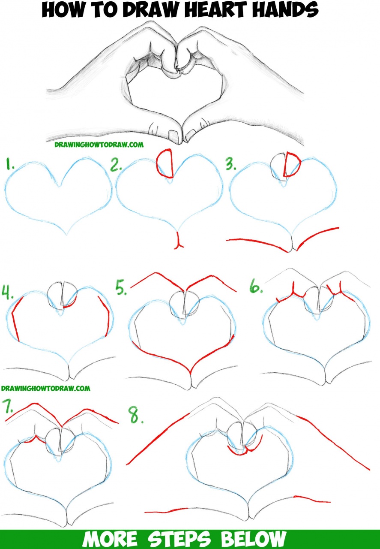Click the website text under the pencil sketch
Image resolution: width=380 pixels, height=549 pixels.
point(99,145)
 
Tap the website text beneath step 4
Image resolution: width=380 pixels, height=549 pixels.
point(45,389)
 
